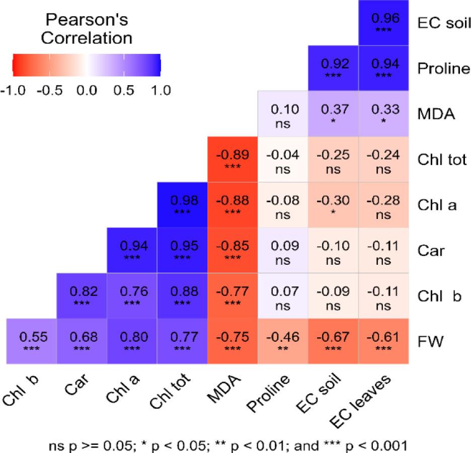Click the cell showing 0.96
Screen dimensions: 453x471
coord(384,23)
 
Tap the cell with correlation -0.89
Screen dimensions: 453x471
coord(232,159)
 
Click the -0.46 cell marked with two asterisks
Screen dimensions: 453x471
coord(283,340)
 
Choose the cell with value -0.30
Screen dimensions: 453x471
coord(333,204)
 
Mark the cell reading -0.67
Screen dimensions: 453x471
coord(333,340)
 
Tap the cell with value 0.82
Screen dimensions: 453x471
coord(82,295)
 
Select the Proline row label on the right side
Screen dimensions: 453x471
coord(443,68)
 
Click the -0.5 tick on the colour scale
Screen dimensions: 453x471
coord(49,91)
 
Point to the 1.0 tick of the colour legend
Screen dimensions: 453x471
coord(160,91)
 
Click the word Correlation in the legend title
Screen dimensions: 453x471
coord(87,38)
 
